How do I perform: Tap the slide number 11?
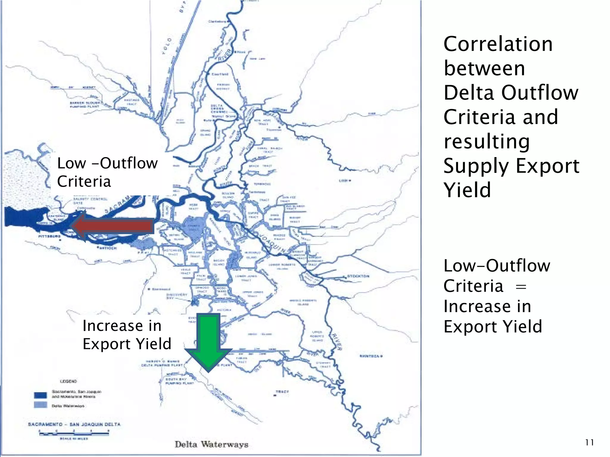(x=589, y=442)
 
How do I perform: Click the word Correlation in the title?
(x=498, y=44)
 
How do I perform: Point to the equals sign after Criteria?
(x=521, y=287)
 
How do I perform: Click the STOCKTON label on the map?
(x=359, y=276)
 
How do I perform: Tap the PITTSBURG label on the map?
(x=49, y=236)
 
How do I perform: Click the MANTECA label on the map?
(x=370, y=356)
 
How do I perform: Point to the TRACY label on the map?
(x=282, y=392)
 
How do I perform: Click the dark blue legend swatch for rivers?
(x=41, y=395)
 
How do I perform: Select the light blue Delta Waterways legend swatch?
(x=41, y=405)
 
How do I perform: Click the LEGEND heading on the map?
(x=68, y=381)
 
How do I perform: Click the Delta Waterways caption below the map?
(x=211, y=445)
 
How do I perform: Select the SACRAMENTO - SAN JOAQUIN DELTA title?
(x=74, y=424)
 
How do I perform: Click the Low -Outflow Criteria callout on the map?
(x=107, y=172)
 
